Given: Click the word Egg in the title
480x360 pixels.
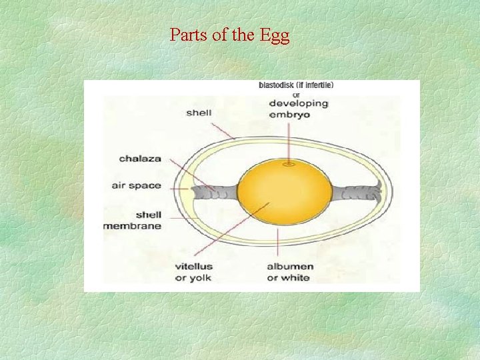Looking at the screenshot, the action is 275,35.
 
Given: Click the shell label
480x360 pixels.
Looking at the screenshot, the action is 199,113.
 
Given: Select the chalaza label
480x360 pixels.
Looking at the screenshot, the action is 139,159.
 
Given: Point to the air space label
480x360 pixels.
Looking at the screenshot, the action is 136,185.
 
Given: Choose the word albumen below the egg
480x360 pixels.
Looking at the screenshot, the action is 290,267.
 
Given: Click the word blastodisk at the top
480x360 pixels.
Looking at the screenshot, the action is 279,85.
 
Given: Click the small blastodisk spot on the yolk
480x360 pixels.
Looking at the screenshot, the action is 289,163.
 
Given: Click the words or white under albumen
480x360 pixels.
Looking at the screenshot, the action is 288,278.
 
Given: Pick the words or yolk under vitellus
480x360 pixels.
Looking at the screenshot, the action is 193,278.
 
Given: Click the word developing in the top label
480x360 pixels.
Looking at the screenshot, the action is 298,103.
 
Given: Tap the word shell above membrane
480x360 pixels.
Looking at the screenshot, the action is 148,215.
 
